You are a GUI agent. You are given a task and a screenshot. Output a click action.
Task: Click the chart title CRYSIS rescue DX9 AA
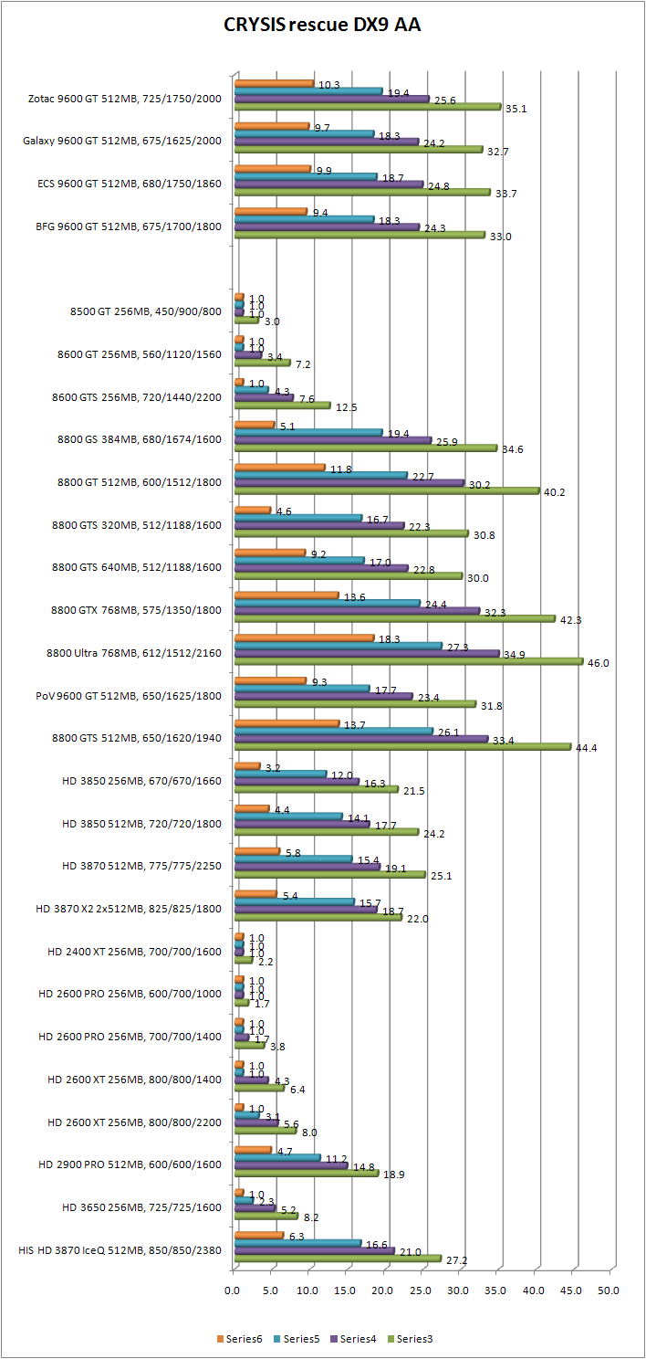pyautogui.click(x=322, y=26)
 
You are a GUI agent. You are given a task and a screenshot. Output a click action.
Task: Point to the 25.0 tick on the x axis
pyautogui.click(x=421, y=1291)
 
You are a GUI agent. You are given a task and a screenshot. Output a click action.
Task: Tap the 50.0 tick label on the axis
pyautogui.click(x=609, y=1291)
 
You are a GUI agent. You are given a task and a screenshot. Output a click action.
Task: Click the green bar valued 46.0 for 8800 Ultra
pyautogui.click(x=408, y=661)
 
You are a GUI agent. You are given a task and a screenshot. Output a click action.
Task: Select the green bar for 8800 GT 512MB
pyautogui.click(x=386, y=491)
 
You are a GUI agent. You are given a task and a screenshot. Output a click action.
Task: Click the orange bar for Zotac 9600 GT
pyautogui.click(x=274, y=84)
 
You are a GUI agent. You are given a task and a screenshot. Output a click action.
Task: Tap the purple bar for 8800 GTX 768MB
pyautogui.click(x=357, y=610)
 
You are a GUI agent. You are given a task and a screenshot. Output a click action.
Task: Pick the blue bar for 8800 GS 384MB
pyautogui.click(x=307, y=432)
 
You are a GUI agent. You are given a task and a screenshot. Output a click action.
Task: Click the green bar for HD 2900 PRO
pyautogui.click(x=306, y=1173)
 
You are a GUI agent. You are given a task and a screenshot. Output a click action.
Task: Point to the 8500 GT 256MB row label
pyautogui.click(x=145, y=311)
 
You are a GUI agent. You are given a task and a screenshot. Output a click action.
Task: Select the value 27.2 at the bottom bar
pyautogui.click(x=456, y=1260)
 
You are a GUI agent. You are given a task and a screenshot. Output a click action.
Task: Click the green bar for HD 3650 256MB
pyautogui.click(x=266, y=1216)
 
